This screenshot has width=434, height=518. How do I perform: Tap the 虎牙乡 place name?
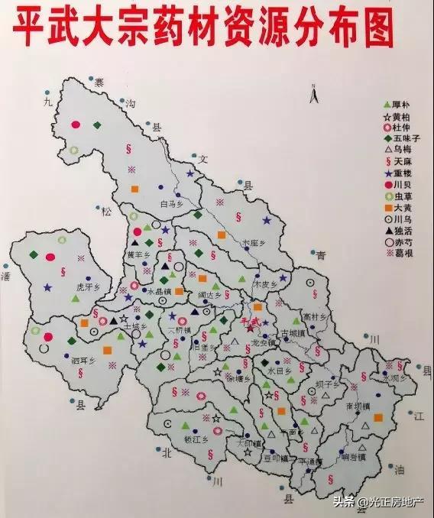(89, 288)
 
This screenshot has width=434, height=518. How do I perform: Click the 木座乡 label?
(254, 243)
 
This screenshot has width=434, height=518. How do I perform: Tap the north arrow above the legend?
(312, 94)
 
